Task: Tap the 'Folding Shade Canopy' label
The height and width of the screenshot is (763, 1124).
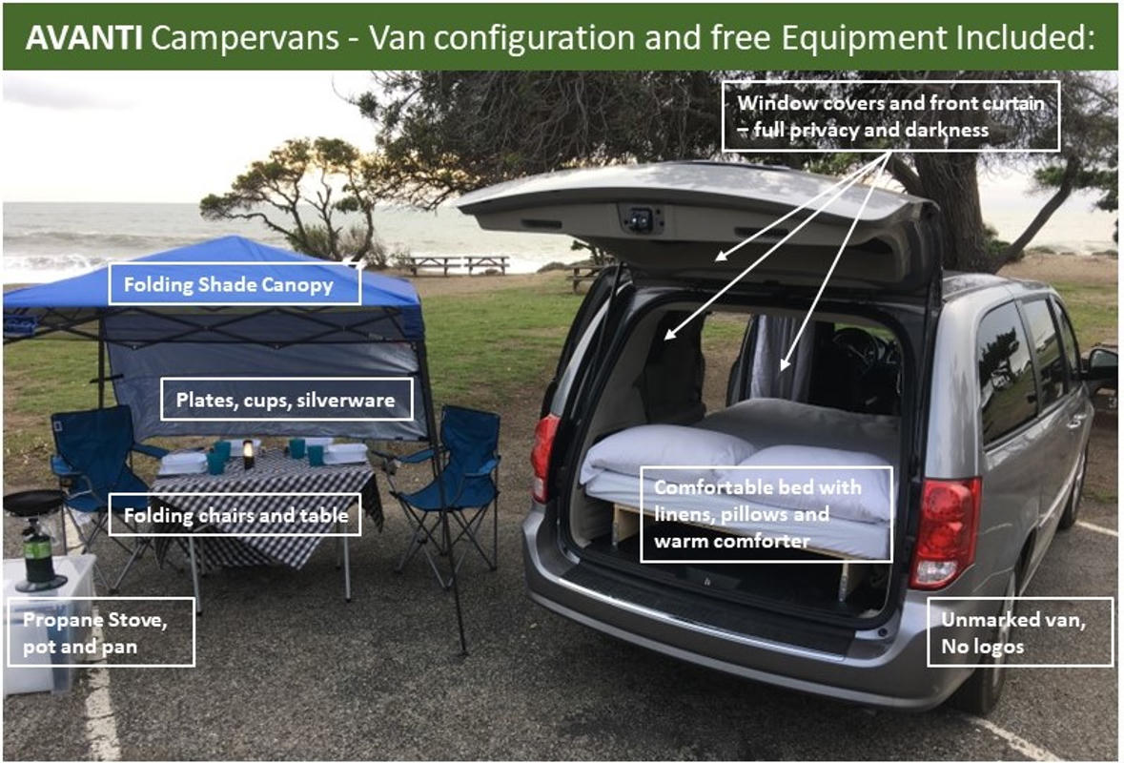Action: (x=235, y=284)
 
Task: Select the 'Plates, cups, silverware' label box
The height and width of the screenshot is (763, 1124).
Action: (x=286, y=400)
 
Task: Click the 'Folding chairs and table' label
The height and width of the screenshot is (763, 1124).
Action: (x=235, y=516)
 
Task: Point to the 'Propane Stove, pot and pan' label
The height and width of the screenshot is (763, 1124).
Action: (x=99, y=631)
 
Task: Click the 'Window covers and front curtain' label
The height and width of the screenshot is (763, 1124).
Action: (x=890, y=115)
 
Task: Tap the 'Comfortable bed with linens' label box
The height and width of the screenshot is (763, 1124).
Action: (x=766, y=514)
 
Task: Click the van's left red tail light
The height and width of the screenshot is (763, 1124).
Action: (x=544, y=457)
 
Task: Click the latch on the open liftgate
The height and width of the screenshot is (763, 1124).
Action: (x=642, y=218)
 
